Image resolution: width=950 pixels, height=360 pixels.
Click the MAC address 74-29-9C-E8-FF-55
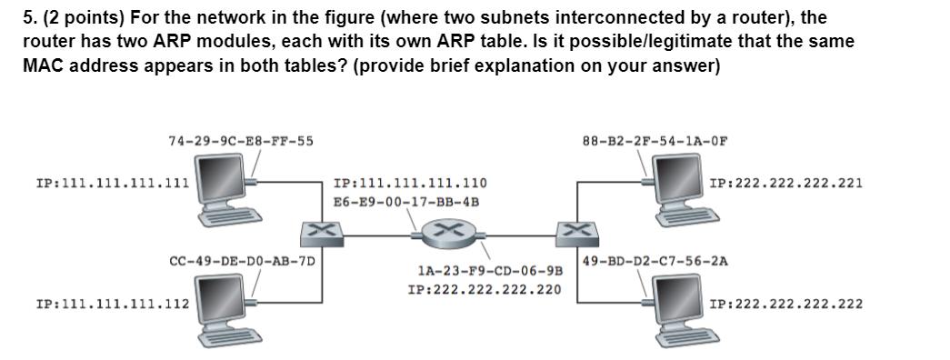click(241, 140)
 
